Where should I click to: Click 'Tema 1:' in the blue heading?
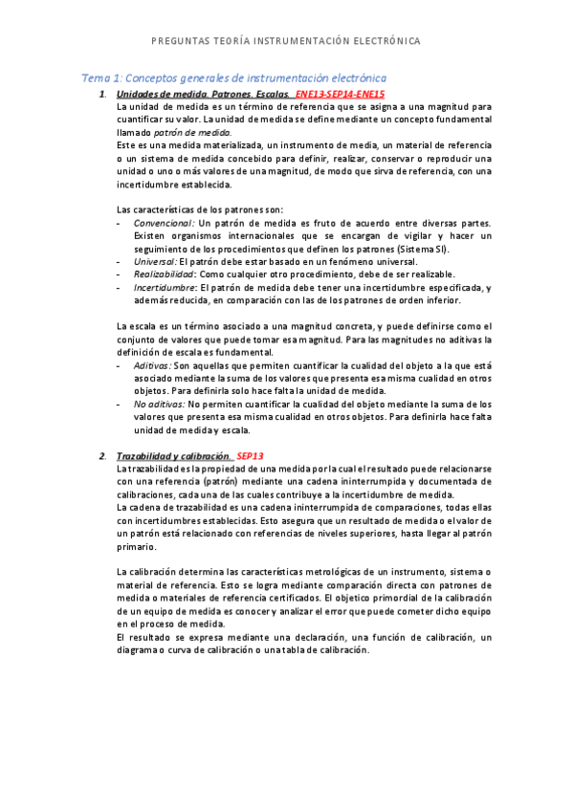98,77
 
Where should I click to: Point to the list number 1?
102,95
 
